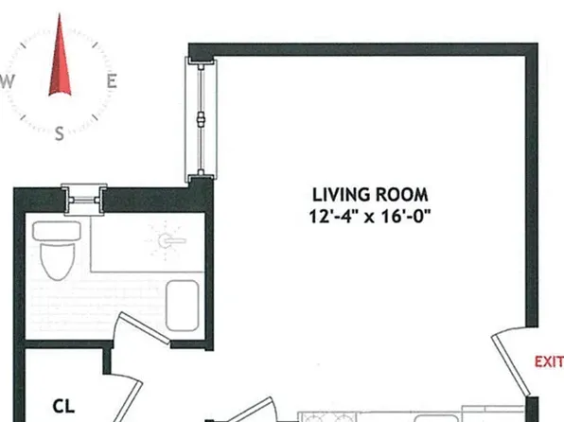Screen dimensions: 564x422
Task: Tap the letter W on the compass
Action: pos(8,81)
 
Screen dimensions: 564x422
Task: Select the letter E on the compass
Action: pos(112,81)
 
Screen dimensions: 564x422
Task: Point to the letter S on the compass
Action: pos(60,133)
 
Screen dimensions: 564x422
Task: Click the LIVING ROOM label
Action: pos(370,195)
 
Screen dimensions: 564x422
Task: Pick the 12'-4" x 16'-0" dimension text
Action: pos(370,217)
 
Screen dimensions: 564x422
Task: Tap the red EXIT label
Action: pos(549,361)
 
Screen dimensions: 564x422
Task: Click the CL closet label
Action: pos(63,407)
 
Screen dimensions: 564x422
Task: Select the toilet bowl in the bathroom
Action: pos(58,261)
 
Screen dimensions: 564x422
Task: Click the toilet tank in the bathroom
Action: pos(57,231)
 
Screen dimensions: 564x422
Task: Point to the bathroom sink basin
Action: pos(183,306)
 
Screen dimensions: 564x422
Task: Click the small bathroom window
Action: pos(84,200)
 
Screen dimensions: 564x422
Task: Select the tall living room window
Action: pos(201,120)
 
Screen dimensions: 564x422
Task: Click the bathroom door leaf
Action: pos(144,327)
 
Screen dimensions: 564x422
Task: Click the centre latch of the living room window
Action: pos(202,118)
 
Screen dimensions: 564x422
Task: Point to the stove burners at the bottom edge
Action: pos(326,417)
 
